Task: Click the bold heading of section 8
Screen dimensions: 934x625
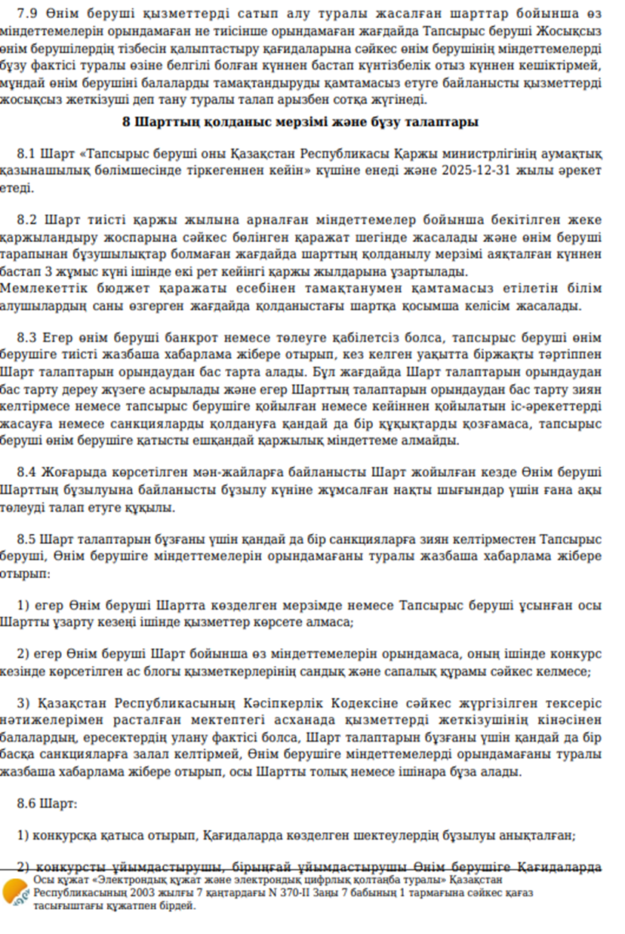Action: [300, 122]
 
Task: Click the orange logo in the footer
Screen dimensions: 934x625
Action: [14, 893]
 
